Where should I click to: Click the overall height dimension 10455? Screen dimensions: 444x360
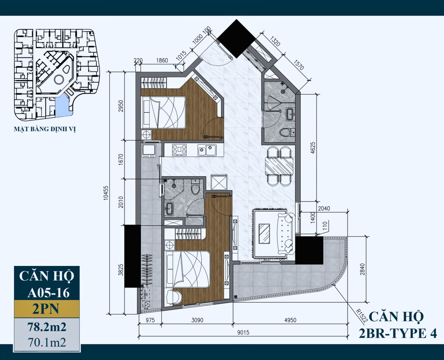(x=106, y=193)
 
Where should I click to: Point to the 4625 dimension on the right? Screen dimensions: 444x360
(x=313, y=148)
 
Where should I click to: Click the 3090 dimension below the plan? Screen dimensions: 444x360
(x=197, y=320)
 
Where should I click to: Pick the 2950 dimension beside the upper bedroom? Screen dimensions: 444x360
(x=121, y=106)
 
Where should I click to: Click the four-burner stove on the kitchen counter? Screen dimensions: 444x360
(x=179, y=150)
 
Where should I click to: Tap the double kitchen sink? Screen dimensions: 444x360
(x=207, y=150)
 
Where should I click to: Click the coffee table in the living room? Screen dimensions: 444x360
(x=264, y=234)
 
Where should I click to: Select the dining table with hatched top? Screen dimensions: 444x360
(x=279, y=166)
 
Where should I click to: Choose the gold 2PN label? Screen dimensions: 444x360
(x=47, y=309)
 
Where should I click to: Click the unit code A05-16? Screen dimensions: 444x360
(x=48, y=293)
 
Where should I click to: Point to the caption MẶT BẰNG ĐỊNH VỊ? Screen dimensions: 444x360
(x=45, y=129)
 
